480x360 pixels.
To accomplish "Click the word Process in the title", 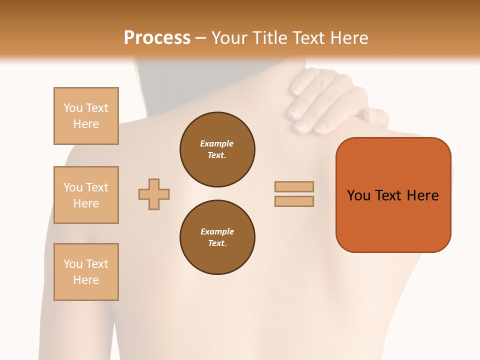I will (x=157, y=38).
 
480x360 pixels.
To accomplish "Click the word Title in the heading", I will (x=268, y=38).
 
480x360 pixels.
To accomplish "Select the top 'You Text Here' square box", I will (x=86, y=116).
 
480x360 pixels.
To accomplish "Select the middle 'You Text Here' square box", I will (x=86, y=195).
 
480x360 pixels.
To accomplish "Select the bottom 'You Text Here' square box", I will (x=86, y=272).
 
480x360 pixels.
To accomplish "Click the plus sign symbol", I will (x=154, y=194).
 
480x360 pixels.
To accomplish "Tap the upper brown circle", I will (x=217, y=149).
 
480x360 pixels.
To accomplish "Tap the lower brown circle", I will (x=217, y=237).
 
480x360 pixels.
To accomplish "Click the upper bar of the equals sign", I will (x=294, y=186).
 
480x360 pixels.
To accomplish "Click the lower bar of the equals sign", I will (x=294, y=201).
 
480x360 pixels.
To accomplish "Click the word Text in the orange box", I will (x=390, y=195).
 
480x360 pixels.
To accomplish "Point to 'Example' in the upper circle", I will (x=216, y=143).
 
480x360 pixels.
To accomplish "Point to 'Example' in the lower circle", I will (x=217, y=231).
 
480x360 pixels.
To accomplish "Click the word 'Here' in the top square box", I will (x=86, y=124).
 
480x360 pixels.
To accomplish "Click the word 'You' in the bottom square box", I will (x=73, y=264).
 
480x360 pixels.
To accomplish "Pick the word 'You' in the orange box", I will (x=358, y=195).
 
